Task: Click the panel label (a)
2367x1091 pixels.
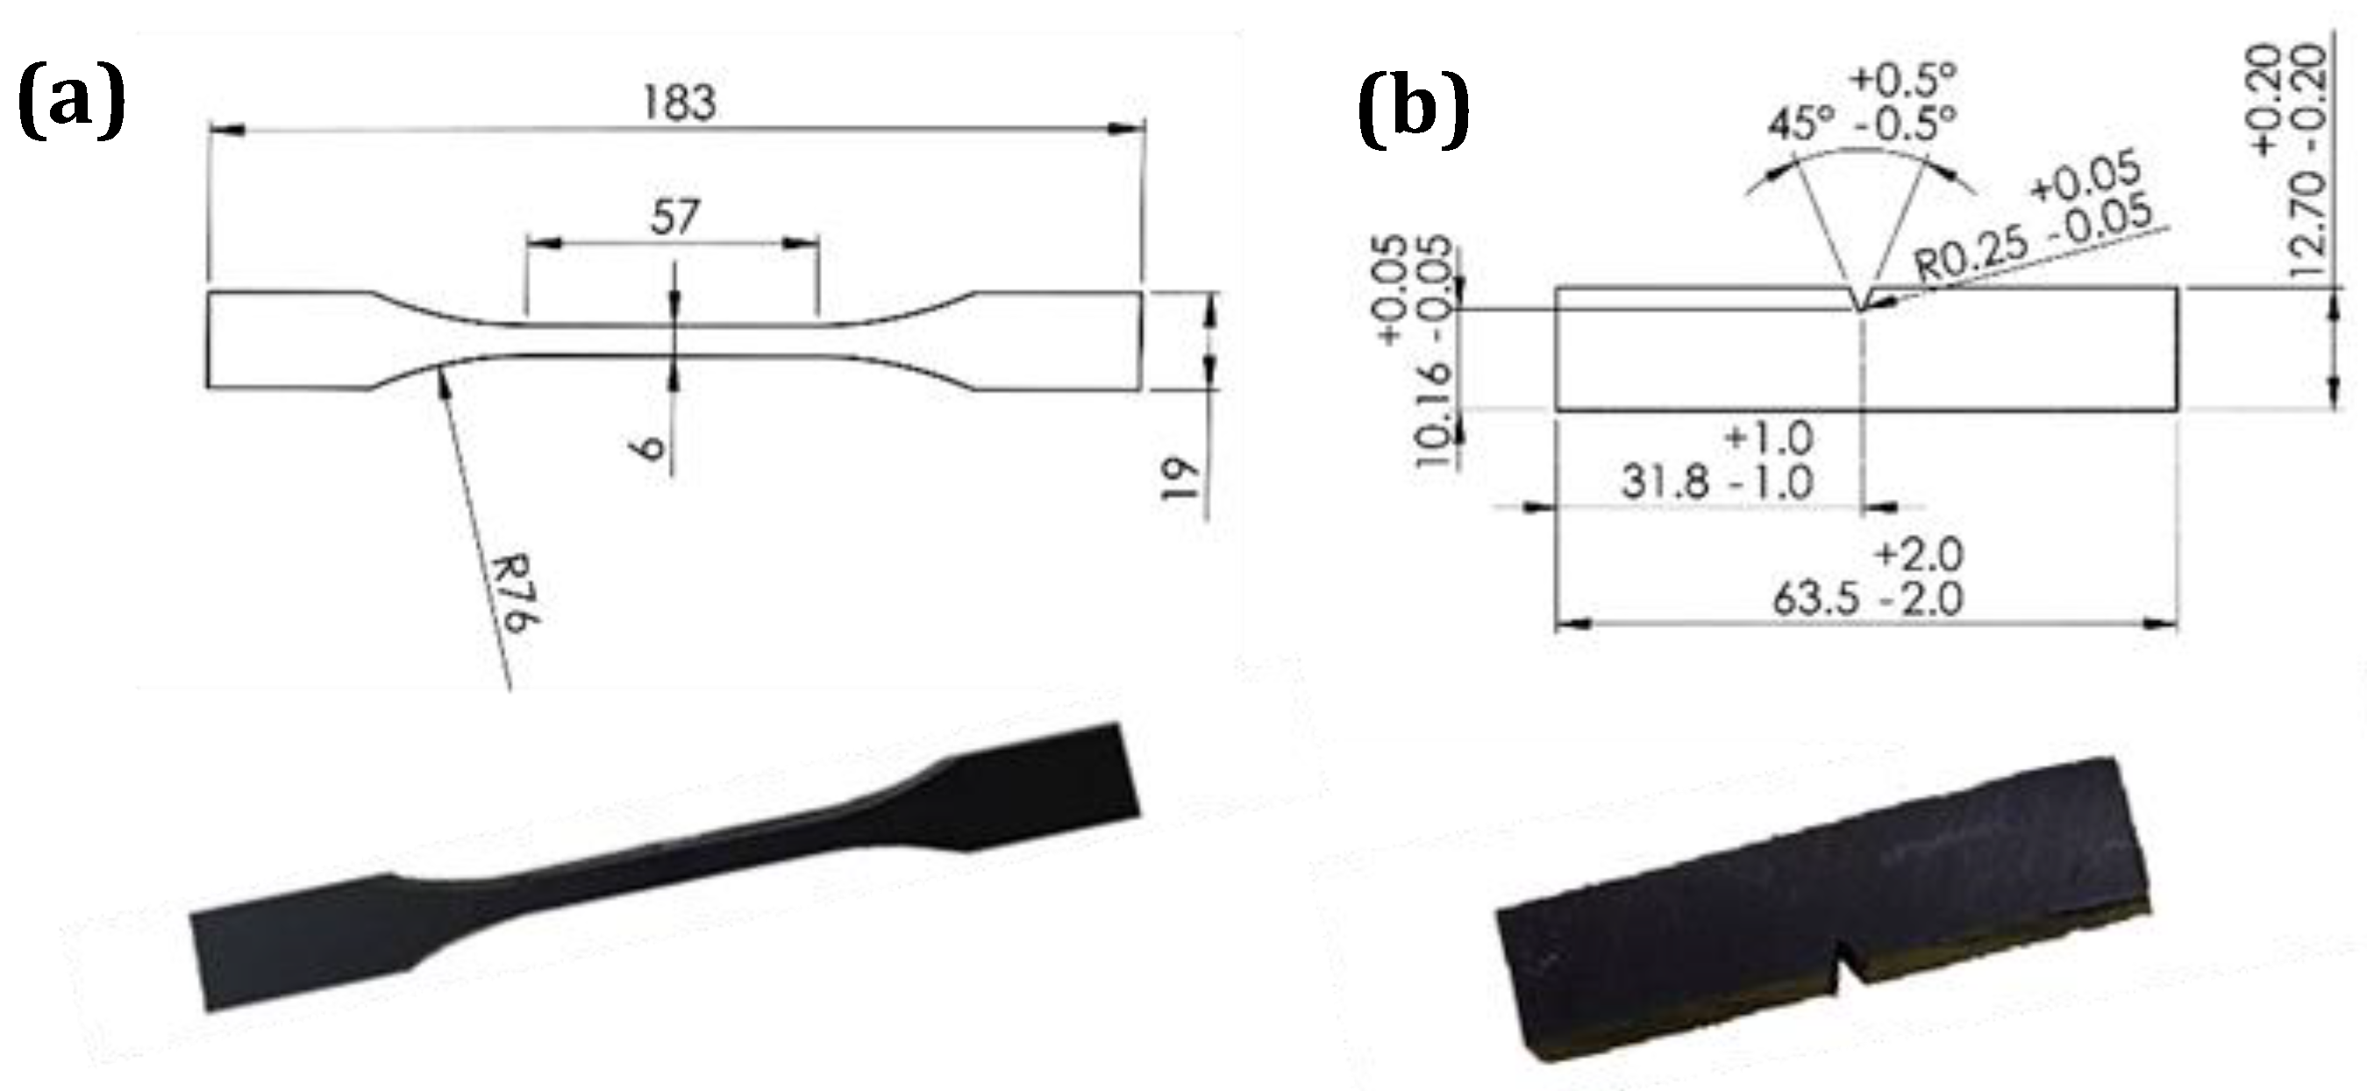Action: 71,101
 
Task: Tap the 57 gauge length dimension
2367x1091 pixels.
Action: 674,217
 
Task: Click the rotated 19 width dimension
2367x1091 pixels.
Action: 1179,479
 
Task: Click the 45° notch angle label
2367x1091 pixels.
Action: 1802,122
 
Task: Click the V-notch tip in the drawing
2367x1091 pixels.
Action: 1860,310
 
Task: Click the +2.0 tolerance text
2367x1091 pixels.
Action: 1919,555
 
